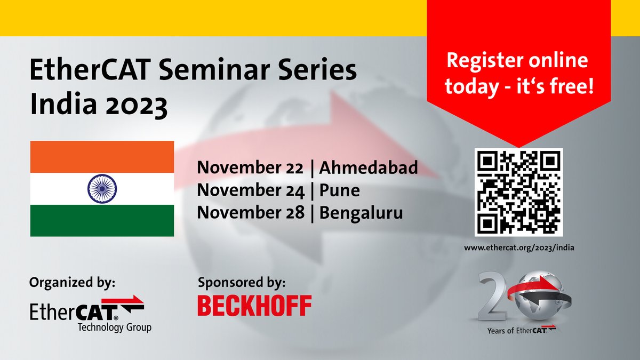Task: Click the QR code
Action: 518,192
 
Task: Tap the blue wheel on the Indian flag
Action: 102,188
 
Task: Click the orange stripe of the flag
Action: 102,156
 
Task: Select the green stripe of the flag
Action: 102,220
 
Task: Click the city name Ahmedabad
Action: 369,168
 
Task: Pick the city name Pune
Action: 340,190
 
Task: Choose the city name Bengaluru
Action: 361,213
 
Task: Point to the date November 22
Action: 250,168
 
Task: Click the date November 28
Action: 251,213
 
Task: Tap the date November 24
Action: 251,190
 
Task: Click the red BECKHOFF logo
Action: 254,306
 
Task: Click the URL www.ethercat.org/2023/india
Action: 518,247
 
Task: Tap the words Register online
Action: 517,61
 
